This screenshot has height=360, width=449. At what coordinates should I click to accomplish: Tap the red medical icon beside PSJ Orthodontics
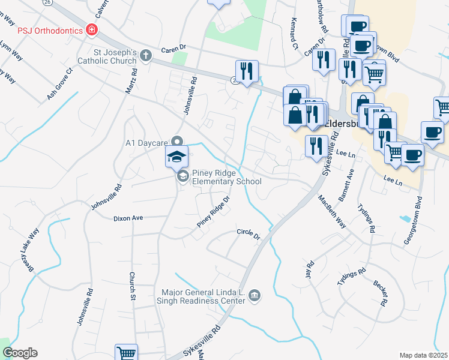coord(91,29)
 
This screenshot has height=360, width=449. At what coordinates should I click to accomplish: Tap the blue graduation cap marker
coord(177,157)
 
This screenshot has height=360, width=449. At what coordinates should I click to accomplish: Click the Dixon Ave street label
coord(128,218)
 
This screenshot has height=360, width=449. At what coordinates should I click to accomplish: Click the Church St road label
coord(131,285)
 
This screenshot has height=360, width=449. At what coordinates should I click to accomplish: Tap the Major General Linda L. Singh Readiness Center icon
coord(255,295)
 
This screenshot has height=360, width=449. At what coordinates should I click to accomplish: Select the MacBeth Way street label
coord(332,211)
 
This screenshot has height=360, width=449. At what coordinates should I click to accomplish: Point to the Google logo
coord(20,353)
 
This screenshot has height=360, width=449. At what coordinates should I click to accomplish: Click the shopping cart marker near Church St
coord(126,353)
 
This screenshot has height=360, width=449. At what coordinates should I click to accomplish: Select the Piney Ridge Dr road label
coord(214,212)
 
